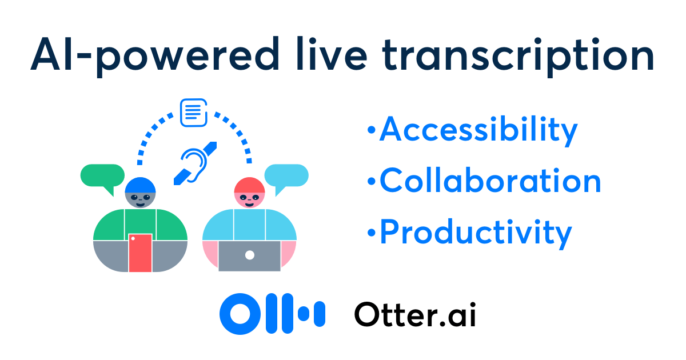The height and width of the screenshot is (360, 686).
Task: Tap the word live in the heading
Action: tap(332, 54)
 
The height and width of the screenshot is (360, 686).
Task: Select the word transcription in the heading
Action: tap(518, 57)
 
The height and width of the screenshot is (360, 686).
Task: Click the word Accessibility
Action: tap(478, 131)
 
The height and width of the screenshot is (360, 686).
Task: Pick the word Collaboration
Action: tap(490, 181)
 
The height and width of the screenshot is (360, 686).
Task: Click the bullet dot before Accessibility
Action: tap(372, 130)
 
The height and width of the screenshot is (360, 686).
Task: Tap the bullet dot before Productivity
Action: tap(372, 233)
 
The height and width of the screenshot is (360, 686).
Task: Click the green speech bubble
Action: tap(102, 176)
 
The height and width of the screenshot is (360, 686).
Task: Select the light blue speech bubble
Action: tap(286, 176)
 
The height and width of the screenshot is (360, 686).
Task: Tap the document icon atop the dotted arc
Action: tap(194, 113)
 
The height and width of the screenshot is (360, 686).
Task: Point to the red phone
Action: tap(140, 253)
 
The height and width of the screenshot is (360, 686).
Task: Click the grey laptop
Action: tap(250, 256)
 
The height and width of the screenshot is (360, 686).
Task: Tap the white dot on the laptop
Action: tap(250, 255)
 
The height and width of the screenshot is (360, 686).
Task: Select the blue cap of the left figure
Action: tap(140, 185)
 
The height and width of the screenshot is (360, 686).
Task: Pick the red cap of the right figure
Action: tap(250, 185)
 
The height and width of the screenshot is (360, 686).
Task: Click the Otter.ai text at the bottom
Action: tap(415, 314)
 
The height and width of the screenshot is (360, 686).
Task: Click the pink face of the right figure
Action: tap(250, 200)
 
